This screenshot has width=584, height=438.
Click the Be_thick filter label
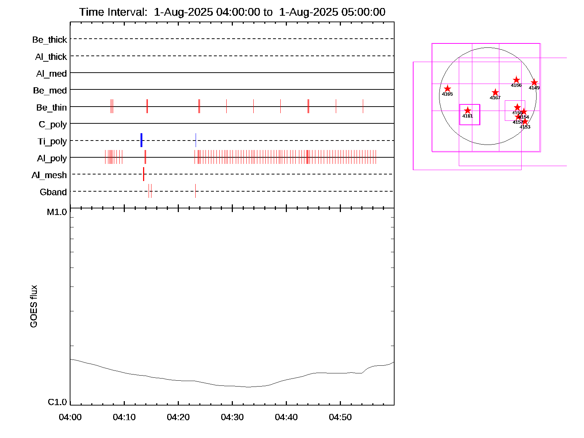[x=50, y=39]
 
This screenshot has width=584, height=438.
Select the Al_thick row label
[x=51, y=57]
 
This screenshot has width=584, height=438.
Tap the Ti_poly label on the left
[x=52, y=141]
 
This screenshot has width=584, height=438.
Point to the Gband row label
[x=53, y=192]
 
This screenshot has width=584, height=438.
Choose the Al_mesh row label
[x=49, y=175]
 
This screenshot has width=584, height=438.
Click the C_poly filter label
[x=53, y=124]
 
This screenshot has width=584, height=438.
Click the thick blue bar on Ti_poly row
[x=141, y=140]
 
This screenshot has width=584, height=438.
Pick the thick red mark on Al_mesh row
[x=143, y=174]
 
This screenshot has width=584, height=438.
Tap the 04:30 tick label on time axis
[x=232, y=417]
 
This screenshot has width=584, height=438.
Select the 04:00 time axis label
[x=70, y=417]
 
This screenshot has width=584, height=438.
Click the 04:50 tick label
[x=340, y=417]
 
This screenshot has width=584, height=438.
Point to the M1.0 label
[x=57, y=212]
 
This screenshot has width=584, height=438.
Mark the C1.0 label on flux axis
[x=57, y=402]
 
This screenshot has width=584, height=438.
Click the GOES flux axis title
[x=34, y=306]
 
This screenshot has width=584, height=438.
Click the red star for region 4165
[x=447, y=89]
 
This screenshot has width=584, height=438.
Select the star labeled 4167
[x=495, y=92]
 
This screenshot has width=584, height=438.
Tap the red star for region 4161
[x=468, y=110]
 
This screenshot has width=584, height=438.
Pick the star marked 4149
[x=534, y=82]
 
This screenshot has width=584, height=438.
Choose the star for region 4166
[x=516, y=80]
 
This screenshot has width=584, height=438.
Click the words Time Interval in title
[x=113, y=12]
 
